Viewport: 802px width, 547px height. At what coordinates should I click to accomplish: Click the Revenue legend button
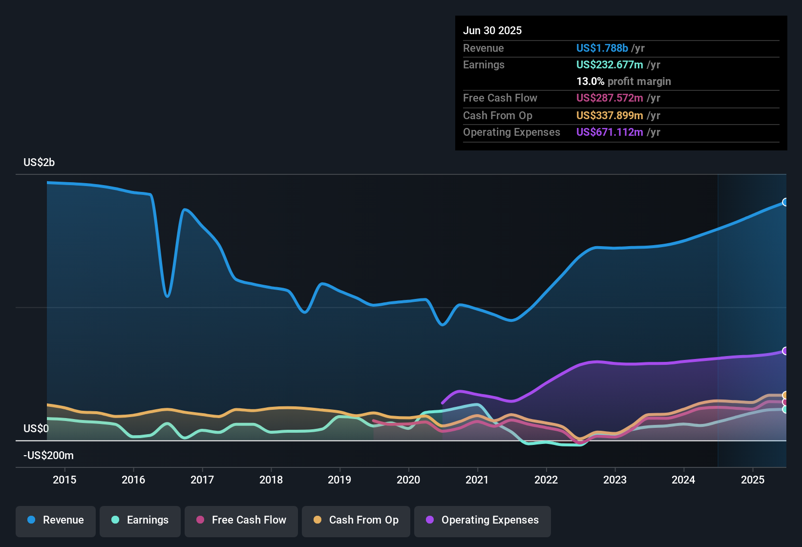tap(56, 520)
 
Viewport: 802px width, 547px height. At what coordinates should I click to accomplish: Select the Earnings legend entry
tap(140, 520)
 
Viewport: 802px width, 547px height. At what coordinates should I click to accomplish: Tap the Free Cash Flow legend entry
tap(241, 520)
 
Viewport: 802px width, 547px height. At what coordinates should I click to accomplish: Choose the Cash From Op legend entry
tap(356, 520)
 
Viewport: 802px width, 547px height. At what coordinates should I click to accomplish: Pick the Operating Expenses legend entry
tap(483, 520)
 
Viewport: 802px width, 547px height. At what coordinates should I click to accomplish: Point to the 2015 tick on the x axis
tap(64, 480)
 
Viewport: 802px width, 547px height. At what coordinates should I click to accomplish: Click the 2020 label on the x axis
tap(408, 480)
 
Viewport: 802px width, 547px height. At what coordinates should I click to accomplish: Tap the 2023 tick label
tap(614, 480)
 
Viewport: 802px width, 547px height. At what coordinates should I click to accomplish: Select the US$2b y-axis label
tap(39, 162)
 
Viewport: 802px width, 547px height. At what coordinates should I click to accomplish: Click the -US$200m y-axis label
tap(48, 455)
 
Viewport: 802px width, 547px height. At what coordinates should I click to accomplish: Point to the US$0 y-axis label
tap(36, 428)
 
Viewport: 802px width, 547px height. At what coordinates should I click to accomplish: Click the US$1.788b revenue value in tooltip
tap(602, 48)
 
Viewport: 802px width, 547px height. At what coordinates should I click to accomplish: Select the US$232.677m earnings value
tap(609, 64)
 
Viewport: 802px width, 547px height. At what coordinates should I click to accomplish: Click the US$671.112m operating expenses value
tap(609, 132)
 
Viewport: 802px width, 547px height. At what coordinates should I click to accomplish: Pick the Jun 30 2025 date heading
tap(492, 30)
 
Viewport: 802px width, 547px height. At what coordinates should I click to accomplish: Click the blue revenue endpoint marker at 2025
tap(785, 202)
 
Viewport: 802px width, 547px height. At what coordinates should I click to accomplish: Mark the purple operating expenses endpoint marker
tap(785, 351)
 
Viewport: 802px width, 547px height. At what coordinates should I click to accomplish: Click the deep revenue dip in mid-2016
tap(167, 295)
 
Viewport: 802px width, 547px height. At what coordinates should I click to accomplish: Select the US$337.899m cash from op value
tap(609, 115)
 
